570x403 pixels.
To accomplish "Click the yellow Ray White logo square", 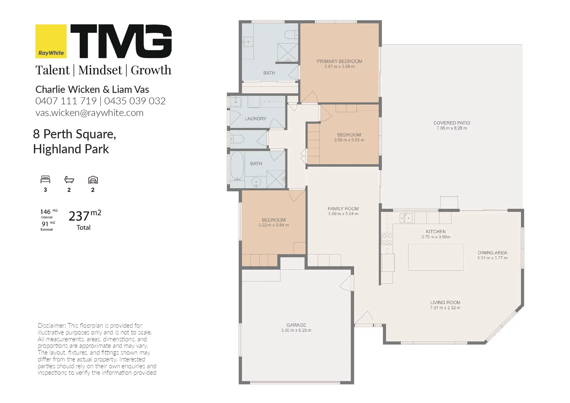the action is coord(51,41).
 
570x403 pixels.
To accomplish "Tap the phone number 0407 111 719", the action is coord(66,101).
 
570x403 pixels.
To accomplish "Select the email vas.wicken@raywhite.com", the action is coord(89,113).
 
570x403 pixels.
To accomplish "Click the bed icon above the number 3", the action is coord(45,179).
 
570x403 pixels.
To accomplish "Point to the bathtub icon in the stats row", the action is coord(69,180).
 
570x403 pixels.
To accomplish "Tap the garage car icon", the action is coord(93,180).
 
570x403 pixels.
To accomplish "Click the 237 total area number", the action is coord(79,216).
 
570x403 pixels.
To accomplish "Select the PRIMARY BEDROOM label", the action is coord(340,61).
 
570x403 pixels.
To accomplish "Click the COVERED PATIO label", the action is coord(452,123).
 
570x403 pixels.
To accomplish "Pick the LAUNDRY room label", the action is coord(255,119).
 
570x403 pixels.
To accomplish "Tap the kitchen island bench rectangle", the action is coord(436,257).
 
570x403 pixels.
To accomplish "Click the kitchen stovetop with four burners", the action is coord(387,239).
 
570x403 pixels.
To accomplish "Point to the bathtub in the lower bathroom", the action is coord(237,166).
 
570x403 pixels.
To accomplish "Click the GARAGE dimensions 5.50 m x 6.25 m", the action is coord(296,330).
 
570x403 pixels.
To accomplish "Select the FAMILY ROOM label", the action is coord(343,209).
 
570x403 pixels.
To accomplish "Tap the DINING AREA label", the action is coord(492,253).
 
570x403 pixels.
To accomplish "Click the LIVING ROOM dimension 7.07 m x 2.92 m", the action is coord(445,307).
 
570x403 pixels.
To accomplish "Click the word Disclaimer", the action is coord(52,325).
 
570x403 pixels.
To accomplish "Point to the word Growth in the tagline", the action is coord(151,70).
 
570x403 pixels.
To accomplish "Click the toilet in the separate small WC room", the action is coord(237,139).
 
